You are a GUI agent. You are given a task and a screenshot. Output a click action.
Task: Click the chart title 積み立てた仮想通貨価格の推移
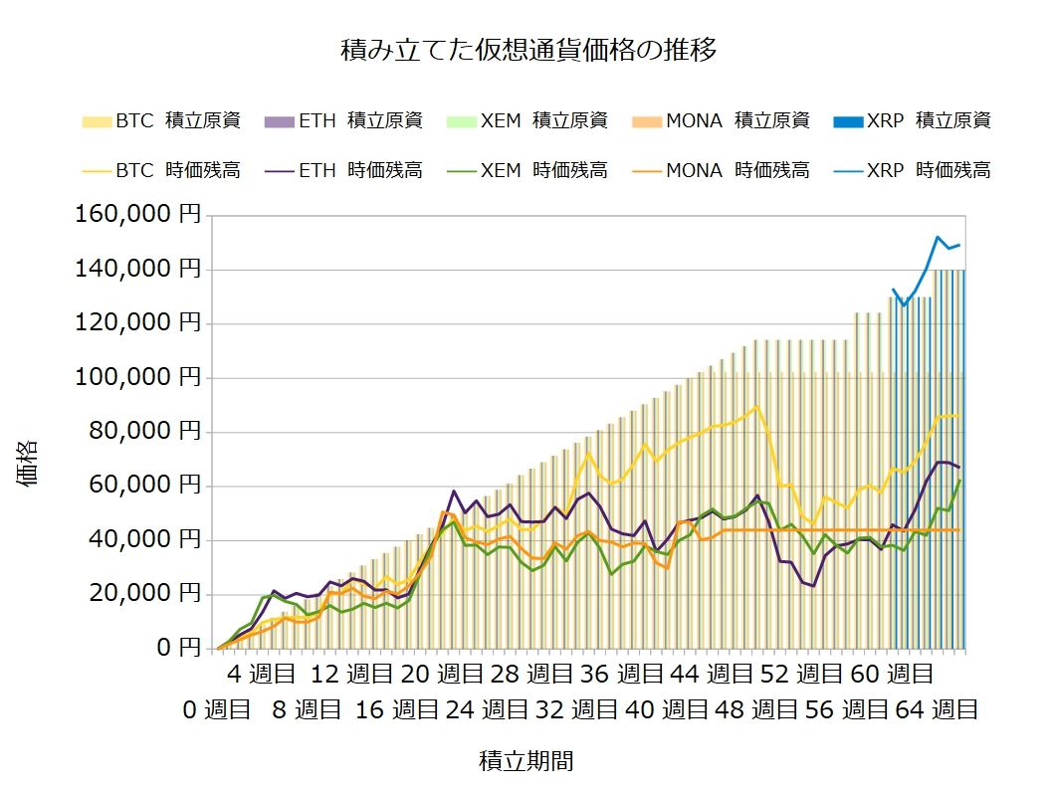click(x=527, y=50)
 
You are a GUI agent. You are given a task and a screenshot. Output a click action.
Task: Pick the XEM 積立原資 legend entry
click(x=527, y=121)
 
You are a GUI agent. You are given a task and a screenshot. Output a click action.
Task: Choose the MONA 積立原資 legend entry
click(x=722, y=121)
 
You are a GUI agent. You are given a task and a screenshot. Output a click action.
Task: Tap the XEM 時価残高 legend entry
click(x=527, y=170)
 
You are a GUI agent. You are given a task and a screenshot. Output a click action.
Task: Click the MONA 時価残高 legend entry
click(x=722, y=170)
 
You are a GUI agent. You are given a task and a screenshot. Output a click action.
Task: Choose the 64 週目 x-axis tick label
click(x=938, y=710)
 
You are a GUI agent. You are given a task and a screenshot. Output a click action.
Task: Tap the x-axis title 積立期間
click(x=526, y=762)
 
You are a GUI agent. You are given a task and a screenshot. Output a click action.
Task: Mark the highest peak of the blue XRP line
click(x=937, y=237)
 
